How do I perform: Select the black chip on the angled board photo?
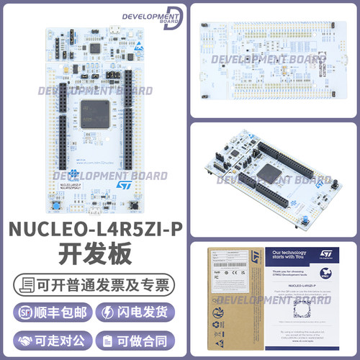pos(271,173)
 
